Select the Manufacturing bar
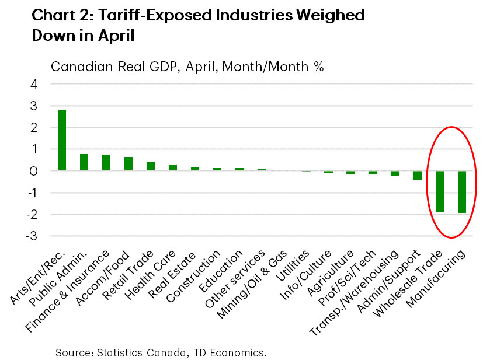pyautogui.click(x=461, y=192)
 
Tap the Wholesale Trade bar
pyautogui.click(x=439, y=191)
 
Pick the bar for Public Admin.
pyautogui.click(x=84, y=162)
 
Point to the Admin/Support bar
pyautogui.click(x=417, y=175)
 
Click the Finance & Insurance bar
pyautogui.click(x=106, y=163)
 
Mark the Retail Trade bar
pyautogui.click(x=151, y=166)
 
